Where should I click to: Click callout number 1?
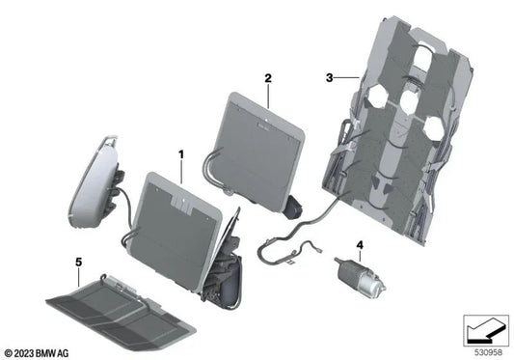tap(179, 153)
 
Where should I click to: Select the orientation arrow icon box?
tap(484, 332)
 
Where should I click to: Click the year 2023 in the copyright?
tap(27, 352)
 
